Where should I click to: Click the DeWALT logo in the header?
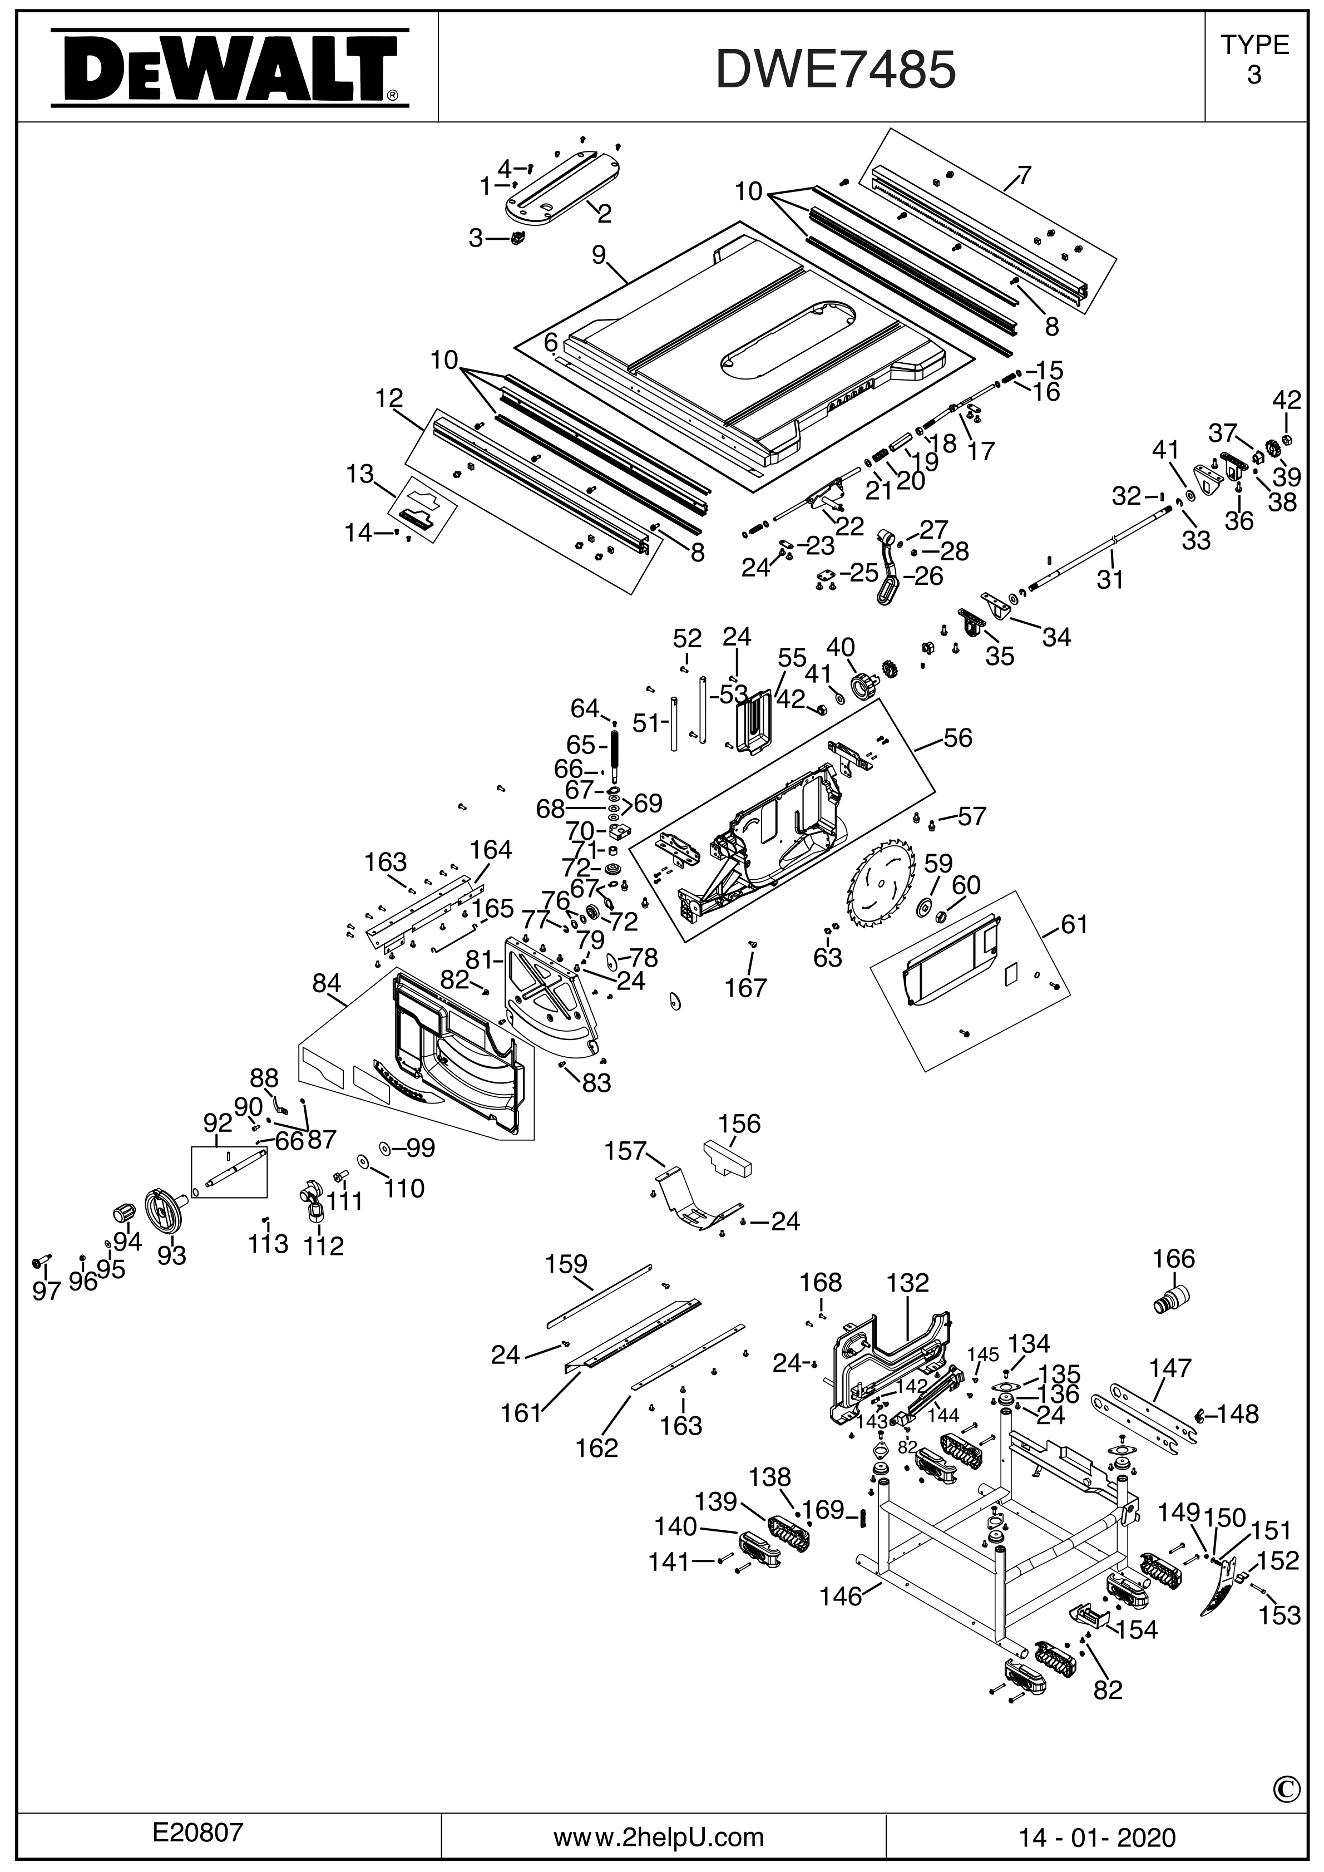229,70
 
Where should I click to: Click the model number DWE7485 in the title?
836,70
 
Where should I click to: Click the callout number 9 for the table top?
599,255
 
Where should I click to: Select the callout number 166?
1173,1258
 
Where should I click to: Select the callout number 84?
327,984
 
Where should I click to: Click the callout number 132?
907,1283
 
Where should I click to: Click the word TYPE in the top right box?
1254,45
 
